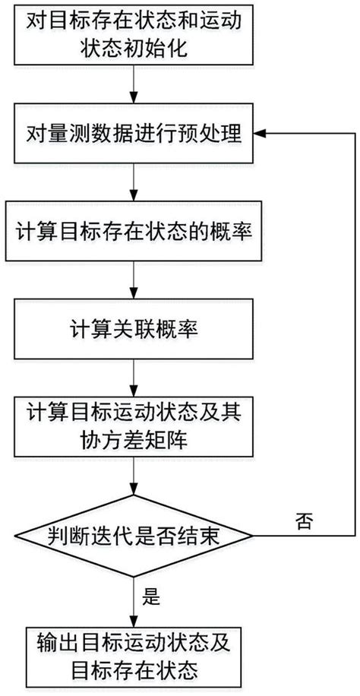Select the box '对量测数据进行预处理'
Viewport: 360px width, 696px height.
(x=134, y=137)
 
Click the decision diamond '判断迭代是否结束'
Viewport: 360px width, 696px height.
(x=134, y=539)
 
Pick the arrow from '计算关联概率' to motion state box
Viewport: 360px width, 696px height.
(x=134, y=381)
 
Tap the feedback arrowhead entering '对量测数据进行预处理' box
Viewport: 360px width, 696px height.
(x=263, y=134)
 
